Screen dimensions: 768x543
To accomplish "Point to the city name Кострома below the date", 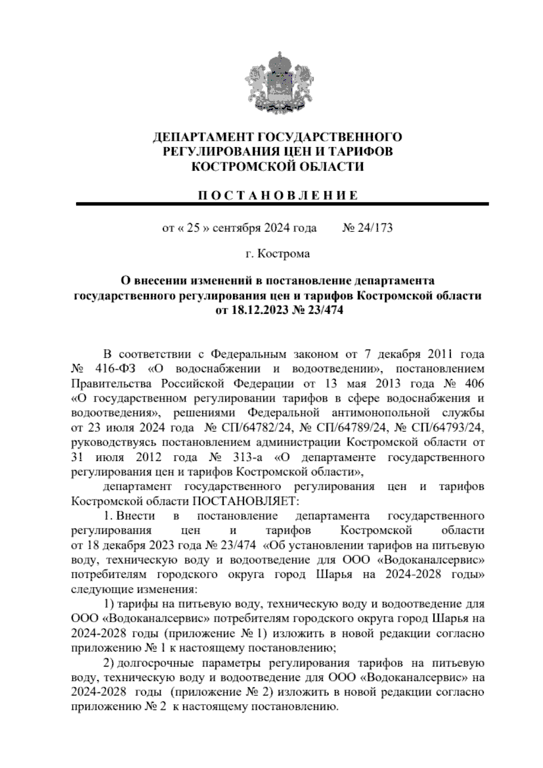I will (x=283, y=254).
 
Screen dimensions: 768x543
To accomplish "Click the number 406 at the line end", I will (x=474, y=384).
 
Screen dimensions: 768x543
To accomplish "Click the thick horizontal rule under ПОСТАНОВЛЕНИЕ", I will (x=282, y=205).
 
